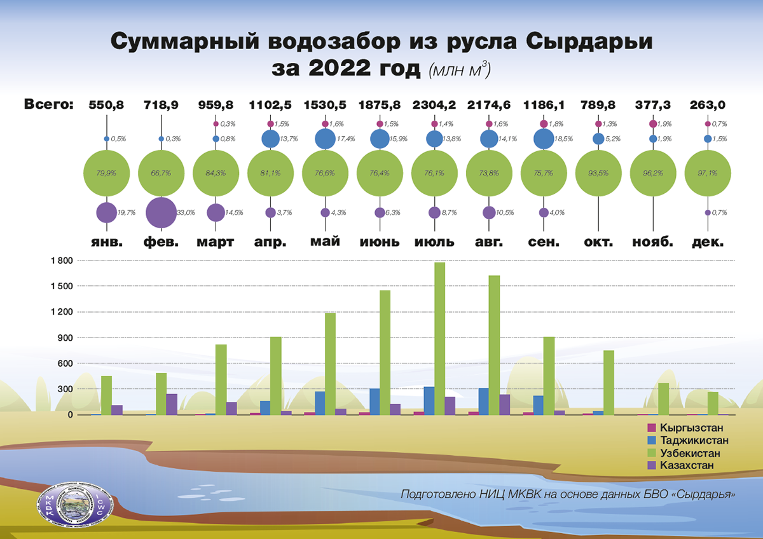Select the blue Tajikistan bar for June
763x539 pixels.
pyautogui.click(x=375, y=401)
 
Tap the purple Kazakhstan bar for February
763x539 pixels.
pyautogui.click(x=172, y=404)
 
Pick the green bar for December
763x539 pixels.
pyautogui.click(x=713, y=403)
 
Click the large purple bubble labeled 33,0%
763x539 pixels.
pyautogui.click(x=162, y=212)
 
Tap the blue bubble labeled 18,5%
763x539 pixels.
pyautogui.click(x=544, y=139)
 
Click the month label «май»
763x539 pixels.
pyautogui.click(x=325, y=242)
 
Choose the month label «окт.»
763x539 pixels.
pyautogui.click(x=598, y=242)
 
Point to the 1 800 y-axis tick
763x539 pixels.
pyautogui.click(x=62, y=261)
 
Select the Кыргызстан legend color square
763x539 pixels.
pyautogui.click(x=650, y=428)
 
